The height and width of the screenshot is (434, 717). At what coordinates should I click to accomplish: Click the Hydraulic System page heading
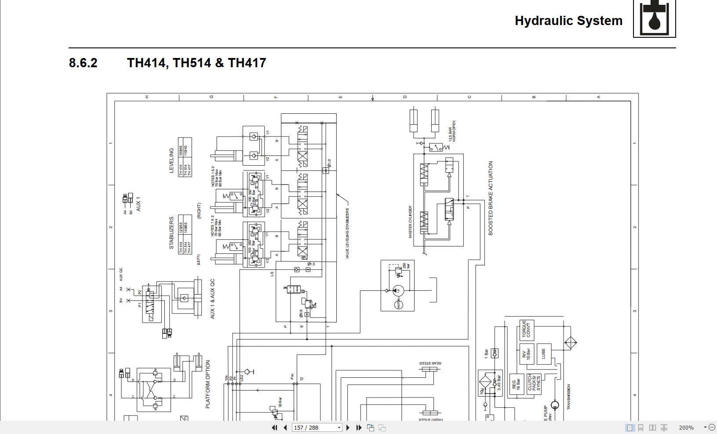pos(568,21)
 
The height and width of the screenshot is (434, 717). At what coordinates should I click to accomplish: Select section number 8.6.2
pos(83,63)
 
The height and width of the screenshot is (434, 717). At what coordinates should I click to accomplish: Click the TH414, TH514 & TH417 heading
pos(197,63)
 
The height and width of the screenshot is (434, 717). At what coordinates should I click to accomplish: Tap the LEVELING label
pos(171,161)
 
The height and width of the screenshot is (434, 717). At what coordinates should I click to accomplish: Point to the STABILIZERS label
pos(171,233)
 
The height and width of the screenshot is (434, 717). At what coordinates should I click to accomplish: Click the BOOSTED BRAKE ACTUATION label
pos(491,198)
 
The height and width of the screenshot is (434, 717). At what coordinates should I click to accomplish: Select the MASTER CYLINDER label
pos(410,222)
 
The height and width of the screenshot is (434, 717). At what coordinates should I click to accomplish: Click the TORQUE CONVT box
pos(526,330)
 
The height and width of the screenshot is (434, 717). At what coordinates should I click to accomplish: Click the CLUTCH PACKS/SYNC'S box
pos(534,383)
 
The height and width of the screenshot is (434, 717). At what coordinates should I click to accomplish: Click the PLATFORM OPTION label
pos(208,384)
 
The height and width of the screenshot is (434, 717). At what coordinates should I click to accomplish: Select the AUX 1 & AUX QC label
pos(213,299)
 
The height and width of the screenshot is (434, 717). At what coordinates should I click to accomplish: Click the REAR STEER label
pos(430,363)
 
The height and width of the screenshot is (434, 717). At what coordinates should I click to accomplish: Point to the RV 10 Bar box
pos(526,354)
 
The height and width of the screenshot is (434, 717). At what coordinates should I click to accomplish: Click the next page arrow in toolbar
pos(348,427)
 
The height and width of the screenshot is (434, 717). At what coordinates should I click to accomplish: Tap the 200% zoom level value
pos(686,427)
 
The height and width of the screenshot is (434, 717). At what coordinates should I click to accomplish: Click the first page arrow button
pos(274,427)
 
